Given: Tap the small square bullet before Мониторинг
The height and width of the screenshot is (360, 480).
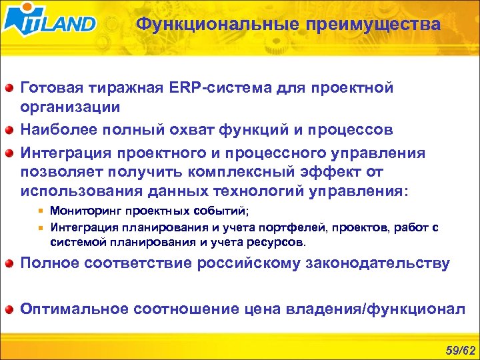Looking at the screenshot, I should [x=41, y=212].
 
